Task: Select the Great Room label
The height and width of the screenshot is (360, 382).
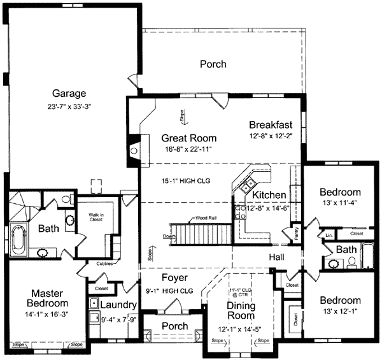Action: coord(188,138)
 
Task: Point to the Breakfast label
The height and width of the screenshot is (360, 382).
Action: coord(270,124)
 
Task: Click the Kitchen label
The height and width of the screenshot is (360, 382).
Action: coord(269,194)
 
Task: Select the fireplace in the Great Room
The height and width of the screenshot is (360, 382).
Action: coord(133,150)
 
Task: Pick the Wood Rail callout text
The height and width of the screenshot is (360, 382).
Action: coord(206,217)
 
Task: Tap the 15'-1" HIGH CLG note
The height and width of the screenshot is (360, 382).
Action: coord(184,181)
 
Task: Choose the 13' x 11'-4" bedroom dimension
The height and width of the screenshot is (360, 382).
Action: coord(340,204)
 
